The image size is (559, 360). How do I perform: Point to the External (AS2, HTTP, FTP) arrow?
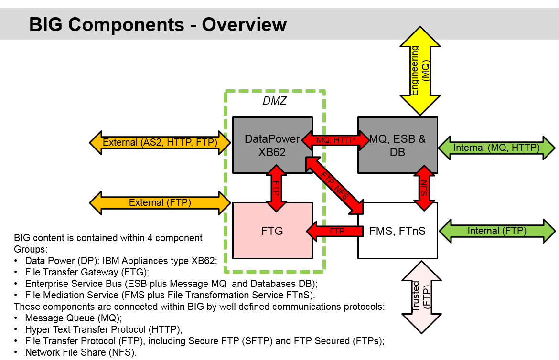[160, 142]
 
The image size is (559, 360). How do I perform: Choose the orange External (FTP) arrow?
[160, 202]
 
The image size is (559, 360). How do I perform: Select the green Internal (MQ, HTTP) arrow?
[496, 148]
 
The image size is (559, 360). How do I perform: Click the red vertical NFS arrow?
[423, 188]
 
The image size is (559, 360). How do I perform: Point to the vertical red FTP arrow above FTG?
[276, 188]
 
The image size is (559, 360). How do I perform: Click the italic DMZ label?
[275, 101]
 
